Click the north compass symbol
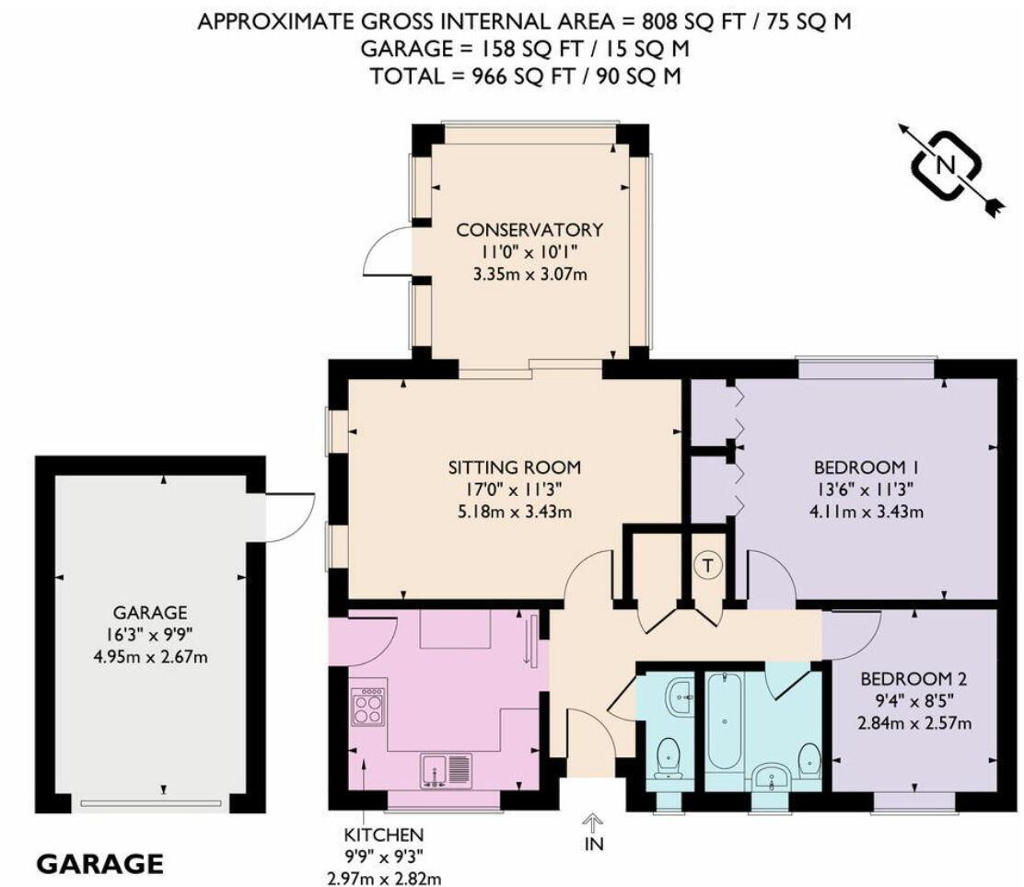944,166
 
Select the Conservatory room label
529,229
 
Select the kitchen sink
446,769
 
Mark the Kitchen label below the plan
384,835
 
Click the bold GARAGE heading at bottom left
99,864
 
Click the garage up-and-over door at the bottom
150,802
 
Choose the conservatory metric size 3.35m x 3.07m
529,273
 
